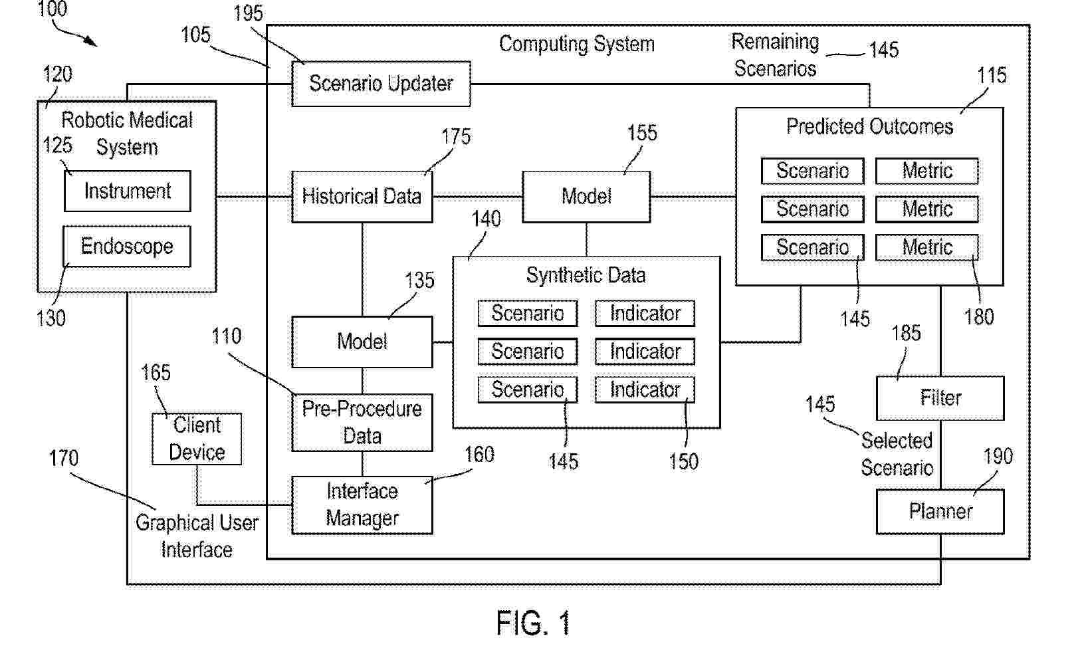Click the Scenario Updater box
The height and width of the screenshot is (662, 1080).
(381, 84)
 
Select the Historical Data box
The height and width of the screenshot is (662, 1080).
(362, 197)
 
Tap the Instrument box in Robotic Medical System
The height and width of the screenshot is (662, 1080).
(127, 191)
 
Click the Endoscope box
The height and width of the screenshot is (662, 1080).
(127, 247)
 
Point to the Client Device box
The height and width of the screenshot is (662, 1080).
(197, 439)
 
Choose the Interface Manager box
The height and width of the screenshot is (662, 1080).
(362, 505)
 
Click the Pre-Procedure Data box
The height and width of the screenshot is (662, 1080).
(362, 423)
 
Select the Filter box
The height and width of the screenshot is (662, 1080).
(940, 398)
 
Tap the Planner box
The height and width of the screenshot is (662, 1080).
(940, 511)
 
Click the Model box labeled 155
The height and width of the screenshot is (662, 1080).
(586, 197)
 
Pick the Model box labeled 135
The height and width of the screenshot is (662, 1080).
(362, 342)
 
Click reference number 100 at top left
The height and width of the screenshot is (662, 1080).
(52, 9)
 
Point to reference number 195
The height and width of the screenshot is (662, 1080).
(248, 13)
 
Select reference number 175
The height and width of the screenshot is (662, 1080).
(456, 137)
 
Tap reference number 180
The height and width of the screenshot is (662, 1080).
(979, 317)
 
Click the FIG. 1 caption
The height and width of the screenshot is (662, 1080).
(533, 623)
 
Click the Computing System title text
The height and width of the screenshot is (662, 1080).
(576, 45)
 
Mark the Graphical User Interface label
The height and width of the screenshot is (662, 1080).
(197, 536)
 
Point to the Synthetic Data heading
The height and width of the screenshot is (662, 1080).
(586, 275)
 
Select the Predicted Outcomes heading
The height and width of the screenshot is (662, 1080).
(869, 126)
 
